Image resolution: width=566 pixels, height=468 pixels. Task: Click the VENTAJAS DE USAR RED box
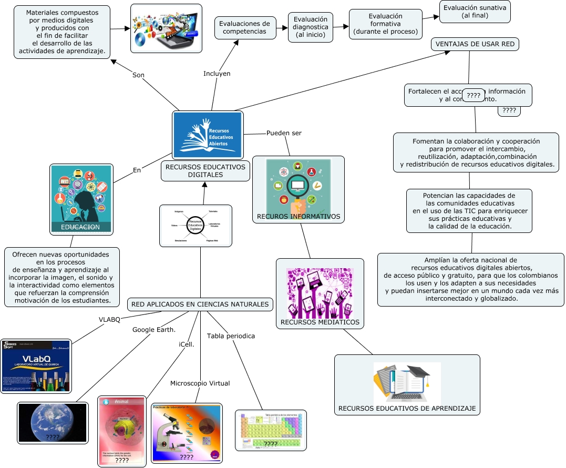(475, 44)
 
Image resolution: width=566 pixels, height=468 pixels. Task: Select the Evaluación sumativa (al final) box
(475, 12)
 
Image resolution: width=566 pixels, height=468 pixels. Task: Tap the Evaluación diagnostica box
(311, 27)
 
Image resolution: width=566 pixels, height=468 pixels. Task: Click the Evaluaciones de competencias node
(244, 27)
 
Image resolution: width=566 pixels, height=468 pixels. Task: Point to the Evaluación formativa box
(386, 24)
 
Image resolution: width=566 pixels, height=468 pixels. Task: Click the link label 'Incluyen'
(217, 74)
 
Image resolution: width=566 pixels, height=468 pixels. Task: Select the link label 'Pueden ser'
(284, 133)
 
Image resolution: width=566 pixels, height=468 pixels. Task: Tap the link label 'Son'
(138, 75)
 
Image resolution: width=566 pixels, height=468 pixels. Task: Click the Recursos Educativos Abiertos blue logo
(208, 135)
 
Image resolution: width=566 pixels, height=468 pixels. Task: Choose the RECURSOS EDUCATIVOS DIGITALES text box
(205, 171)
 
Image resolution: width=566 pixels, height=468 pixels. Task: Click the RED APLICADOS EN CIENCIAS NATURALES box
(200, 304)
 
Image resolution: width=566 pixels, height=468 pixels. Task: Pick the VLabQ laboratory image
(36, 367)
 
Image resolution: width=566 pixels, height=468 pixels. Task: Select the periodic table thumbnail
(271, 430)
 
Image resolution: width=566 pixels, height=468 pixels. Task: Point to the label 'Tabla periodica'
(231, 336)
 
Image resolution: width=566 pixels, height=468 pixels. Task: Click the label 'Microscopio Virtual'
(200, 383)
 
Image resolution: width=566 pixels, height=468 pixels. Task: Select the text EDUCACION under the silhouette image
(80, 227)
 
